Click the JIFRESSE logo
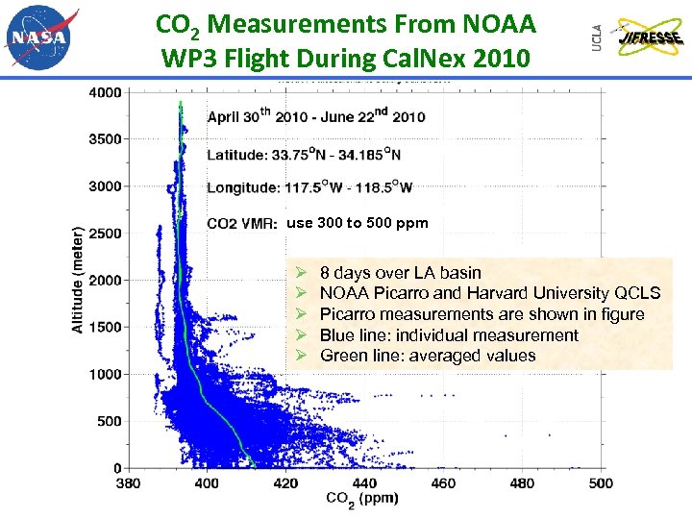650,37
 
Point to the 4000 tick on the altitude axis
105,92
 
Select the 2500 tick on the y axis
105,234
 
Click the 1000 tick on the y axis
105,374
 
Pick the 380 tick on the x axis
128,482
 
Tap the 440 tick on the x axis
364,482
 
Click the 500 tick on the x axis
600,482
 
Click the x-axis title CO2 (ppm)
362,499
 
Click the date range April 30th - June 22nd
315,117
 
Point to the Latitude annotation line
304,153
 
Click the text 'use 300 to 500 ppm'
358,223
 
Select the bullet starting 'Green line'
427,356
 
